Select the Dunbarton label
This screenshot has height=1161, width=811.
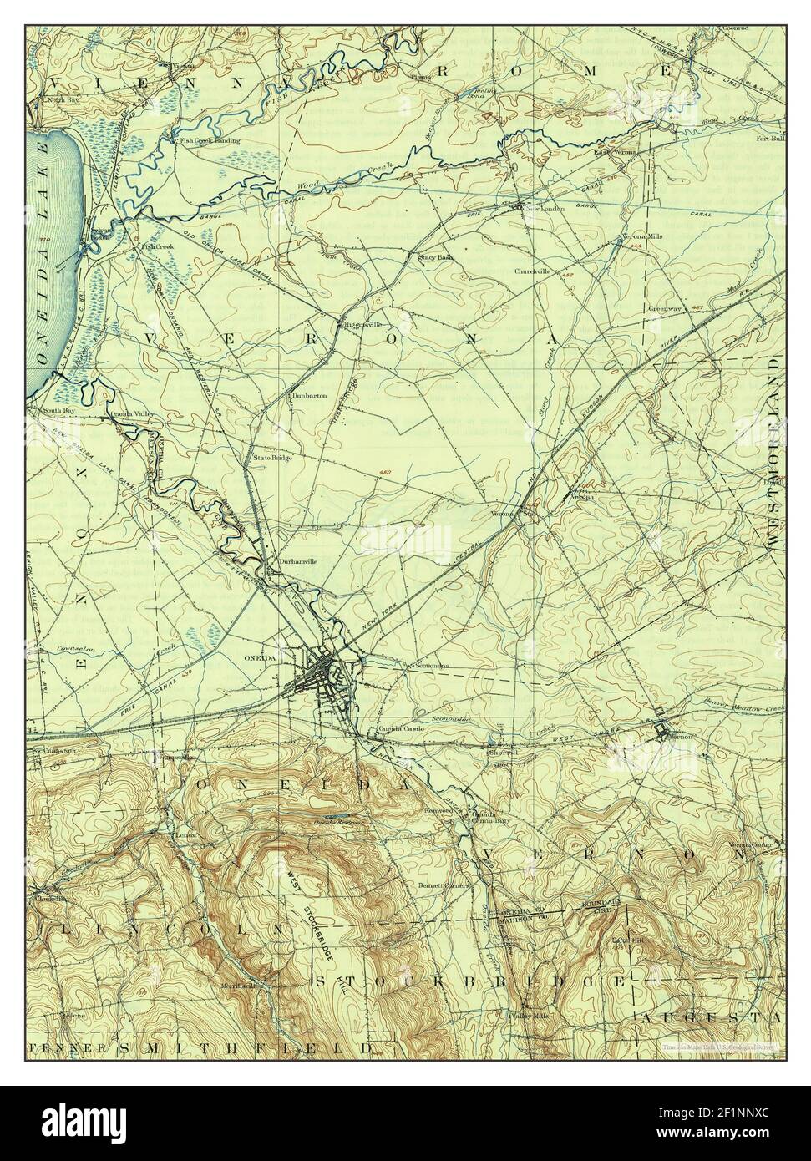tap(308, 395)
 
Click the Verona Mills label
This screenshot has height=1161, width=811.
tap(643, 237)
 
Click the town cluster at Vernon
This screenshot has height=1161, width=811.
tap(664, 732)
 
